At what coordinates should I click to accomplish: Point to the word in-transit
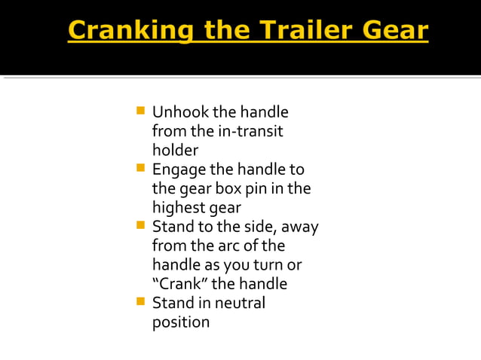[x=250, y=131]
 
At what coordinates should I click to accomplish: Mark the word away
[x=302, y=227]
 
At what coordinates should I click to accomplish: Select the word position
[x=181, y=322]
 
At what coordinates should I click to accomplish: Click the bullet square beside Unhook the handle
[x=140, y=112]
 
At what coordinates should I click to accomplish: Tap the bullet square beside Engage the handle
[x=140, y=169]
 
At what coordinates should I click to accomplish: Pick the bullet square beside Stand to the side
[x=140, y=226]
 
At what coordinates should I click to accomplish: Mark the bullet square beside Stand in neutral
[x=140, y=303]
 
